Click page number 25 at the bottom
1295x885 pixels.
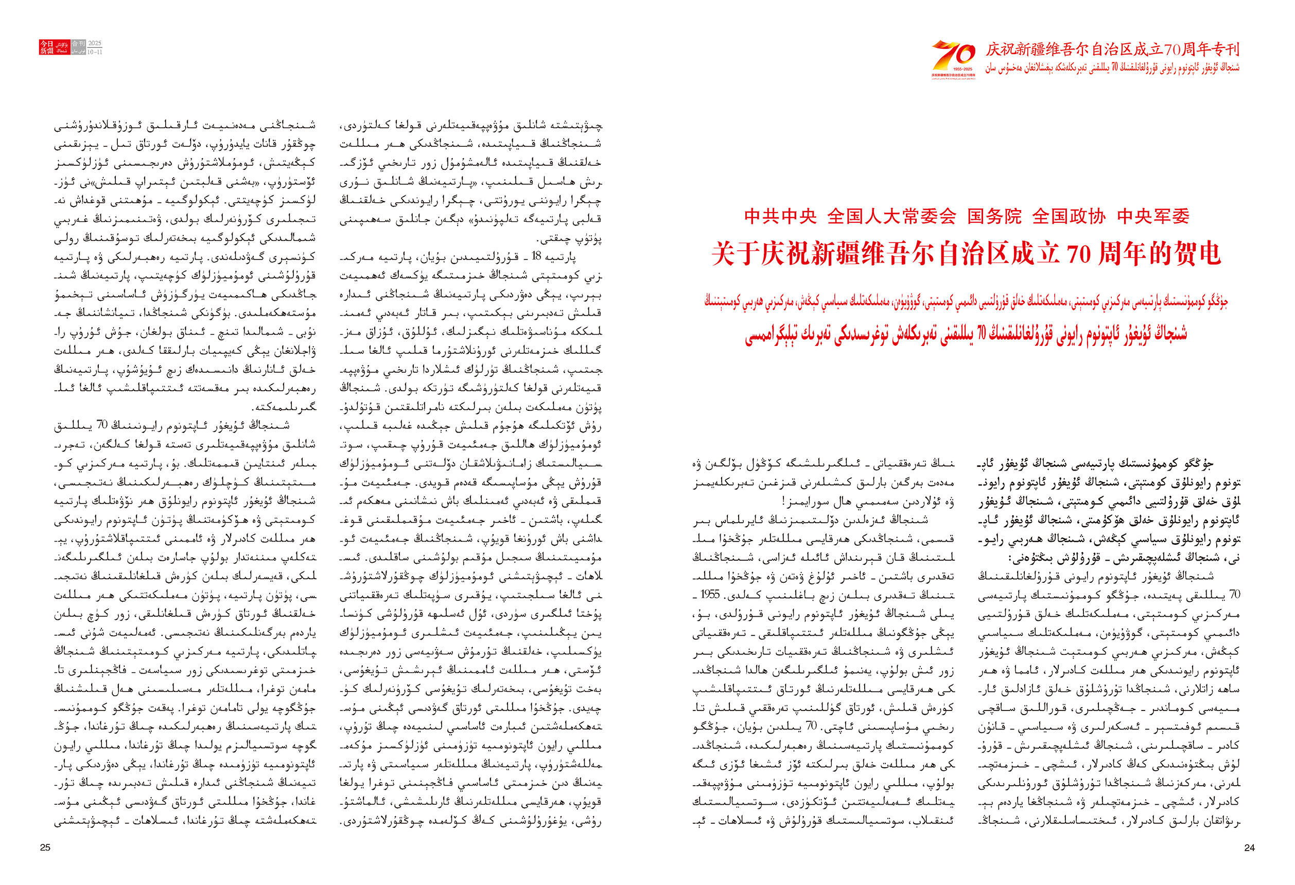tap(46, 847)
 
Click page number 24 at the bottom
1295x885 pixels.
tap(1249, 847)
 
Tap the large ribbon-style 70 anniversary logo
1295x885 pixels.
tap(954, 57)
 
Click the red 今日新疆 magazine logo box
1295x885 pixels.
tap(54, 47)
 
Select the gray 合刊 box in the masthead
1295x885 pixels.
tap(79, 43)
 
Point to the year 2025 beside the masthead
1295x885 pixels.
tap(95, 43)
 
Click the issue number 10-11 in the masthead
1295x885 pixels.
tap(95, 52)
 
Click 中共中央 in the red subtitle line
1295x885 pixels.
tap(780, 216)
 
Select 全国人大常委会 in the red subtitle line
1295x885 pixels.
tap(891, 216)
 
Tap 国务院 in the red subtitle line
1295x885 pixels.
tap(994, 216)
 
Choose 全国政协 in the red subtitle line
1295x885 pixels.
tap(1069, 216)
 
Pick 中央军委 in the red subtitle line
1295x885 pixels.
tap(1153, 216)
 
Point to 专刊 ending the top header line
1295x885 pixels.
tap(1226, 49)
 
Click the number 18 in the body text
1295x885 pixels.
tap(537, 256)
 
